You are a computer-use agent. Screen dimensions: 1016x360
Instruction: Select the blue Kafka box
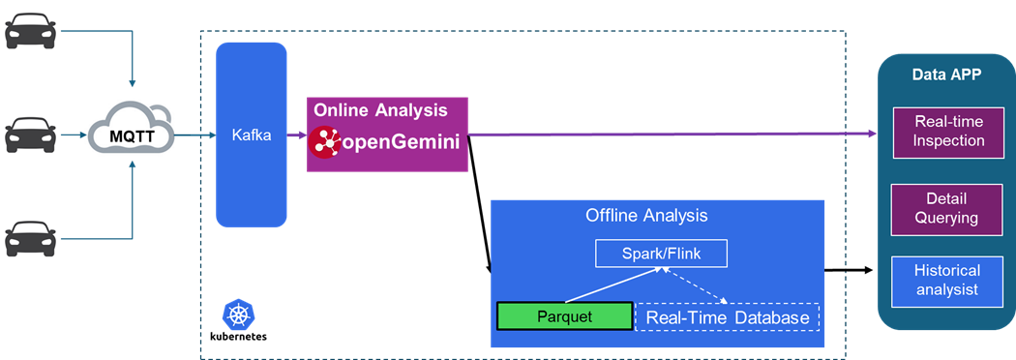252,135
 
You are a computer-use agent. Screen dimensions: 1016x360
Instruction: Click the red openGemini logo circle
324,142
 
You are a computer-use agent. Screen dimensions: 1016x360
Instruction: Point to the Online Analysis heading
380,110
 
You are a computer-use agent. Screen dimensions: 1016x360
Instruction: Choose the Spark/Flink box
661,254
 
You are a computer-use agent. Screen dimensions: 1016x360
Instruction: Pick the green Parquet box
564,316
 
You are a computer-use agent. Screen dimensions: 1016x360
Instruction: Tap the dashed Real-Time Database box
728,317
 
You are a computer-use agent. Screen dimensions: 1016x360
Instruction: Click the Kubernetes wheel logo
237,314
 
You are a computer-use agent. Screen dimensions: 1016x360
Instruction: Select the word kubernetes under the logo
238,337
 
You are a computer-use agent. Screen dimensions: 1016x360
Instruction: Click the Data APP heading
946,75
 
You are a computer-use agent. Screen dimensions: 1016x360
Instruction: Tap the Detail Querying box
946,208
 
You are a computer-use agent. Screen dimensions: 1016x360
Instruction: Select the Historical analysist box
946,281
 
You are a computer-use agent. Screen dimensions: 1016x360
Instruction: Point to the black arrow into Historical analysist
849,269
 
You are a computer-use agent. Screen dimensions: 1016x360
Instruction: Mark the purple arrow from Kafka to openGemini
297,135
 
